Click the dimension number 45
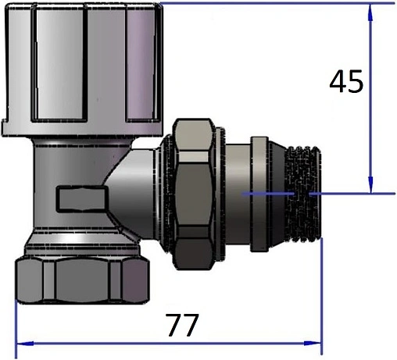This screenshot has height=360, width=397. pyautogui.click(x=346, y=81)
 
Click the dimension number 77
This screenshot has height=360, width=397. pyautogui.click(x=182, y=325)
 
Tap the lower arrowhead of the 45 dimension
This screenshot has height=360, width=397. pyautogui.click(x=370, y=185)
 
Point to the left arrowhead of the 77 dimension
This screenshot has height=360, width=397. pyautogui.click(x=25, y=344)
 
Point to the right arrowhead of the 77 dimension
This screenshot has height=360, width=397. pyautogui.click(x=313, y=344)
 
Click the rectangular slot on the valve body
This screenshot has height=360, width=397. pyautogui.click(x=82, y=198)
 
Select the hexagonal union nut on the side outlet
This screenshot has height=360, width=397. pyautogui.click(x=193, y=194)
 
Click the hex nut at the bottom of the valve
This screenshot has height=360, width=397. pyautogui.click(x=82, y=280)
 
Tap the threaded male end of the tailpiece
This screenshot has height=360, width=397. pyautogui.click(x=302, y=194)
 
